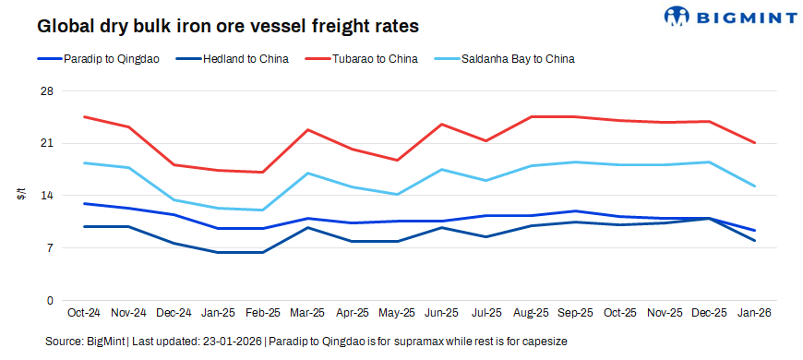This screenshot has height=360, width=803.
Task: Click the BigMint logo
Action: (729, 16)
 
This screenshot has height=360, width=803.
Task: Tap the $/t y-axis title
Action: (19, 196)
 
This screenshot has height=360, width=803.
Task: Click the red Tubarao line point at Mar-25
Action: (308, 130)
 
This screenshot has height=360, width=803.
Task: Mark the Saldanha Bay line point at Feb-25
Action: (264, 210)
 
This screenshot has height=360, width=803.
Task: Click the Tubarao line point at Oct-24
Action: (84, 117)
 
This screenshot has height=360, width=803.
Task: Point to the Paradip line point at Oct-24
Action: (84, 204)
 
